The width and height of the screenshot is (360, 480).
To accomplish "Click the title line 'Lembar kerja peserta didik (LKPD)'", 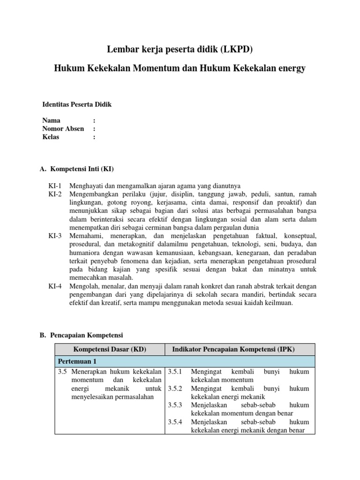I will pyautogui.click(x=180, y=49).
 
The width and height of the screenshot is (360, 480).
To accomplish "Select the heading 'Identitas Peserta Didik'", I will pyautogui.click(x=77, y=105).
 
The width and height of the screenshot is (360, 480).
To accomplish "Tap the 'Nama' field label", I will pyautogui.click(x=51, y=120).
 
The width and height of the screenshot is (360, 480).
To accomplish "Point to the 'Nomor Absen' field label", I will pyautogui.click(x=63, y=129).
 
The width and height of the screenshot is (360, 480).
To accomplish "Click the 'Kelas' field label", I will pyautogui.click(x=52, y=137).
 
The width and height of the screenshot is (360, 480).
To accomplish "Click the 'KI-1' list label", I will pyautogui.click(x=55, y=185).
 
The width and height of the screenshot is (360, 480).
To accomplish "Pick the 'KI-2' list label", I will pyautogui.click(x=55, y=194).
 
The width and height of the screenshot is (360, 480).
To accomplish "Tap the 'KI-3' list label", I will pyautogui.click(x=55, y=235).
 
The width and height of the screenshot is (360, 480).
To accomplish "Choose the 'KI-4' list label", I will pyautogui.click(x=55, y=286).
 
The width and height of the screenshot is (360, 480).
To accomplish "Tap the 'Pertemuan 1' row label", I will pyautogui.click(x=77, y=362).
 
